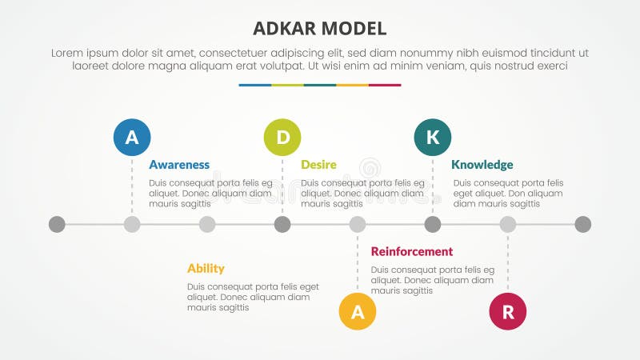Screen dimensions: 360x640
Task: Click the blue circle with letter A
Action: (x=132, y=137)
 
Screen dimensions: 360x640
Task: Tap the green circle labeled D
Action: (x=282, y=137)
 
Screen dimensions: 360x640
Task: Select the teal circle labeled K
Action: (x=432, y=137)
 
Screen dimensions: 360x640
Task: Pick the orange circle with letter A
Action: (x=358, y=312)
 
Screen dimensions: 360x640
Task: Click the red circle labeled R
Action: (x=508, y=312)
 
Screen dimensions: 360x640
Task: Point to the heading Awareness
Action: (x=179, y=165)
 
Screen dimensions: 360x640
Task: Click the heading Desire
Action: (x=318, y=165)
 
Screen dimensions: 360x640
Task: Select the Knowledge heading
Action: (x=482, y=165)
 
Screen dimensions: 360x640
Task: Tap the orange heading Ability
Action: (x=206, y=268)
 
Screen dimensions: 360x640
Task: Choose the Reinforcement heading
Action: (x=412, y=251)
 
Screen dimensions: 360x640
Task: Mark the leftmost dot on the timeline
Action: (x=57, y=224)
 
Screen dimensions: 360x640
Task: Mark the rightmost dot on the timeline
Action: (x=583, y=224)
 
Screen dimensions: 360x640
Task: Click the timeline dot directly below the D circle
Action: (x=282, y=224)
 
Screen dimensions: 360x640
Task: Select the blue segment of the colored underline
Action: (x=254, y=85)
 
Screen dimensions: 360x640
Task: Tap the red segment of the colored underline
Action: (x=385, y=85)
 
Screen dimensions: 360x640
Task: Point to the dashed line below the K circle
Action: (x=433, y=184)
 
